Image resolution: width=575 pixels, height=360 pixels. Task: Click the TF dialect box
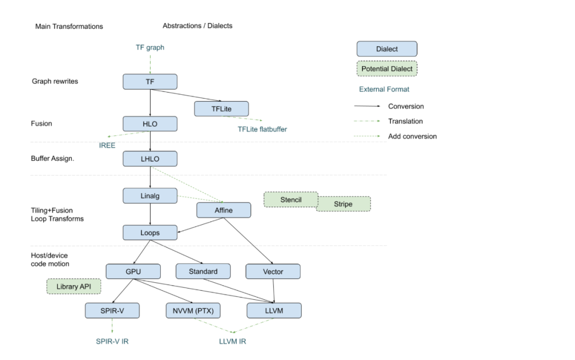tap(150, 81)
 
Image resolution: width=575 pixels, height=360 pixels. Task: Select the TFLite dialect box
tap(221, 109)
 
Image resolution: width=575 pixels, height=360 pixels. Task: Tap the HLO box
tap(150, 124)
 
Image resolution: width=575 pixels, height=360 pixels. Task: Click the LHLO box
tap(150, 159)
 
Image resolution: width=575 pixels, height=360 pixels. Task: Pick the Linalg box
tap(150, 195)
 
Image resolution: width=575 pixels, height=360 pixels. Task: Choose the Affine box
tap(224, 210)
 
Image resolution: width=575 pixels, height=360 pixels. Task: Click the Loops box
tap(150, 233)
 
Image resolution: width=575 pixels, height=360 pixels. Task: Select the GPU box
tap(133, 272)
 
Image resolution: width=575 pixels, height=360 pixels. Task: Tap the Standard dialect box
tap(203, 272)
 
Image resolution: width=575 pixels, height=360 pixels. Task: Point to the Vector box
tap(273, 272)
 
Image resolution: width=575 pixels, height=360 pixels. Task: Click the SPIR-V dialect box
tap(112, 310)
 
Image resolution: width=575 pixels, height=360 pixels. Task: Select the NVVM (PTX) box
tap(193, 310)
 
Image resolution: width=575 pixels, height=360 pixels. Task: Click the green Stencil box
tap(291, 200)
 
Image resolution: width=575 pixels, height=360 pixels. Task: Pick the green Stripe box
tap(343, 204)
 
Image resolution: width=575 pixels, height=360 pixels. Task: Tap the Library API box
tap(74, 287)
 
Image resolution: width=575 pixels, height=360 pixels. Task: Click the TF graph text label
tap(150, 47)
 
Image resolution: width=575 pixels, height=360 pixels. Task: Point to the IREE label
tap(107, 145)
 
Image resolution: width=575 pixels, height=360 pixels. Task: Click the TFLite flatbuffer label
tap(262, 129)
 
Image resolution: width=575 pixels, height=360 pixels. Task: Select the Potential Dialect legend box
tap(387, 69)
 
